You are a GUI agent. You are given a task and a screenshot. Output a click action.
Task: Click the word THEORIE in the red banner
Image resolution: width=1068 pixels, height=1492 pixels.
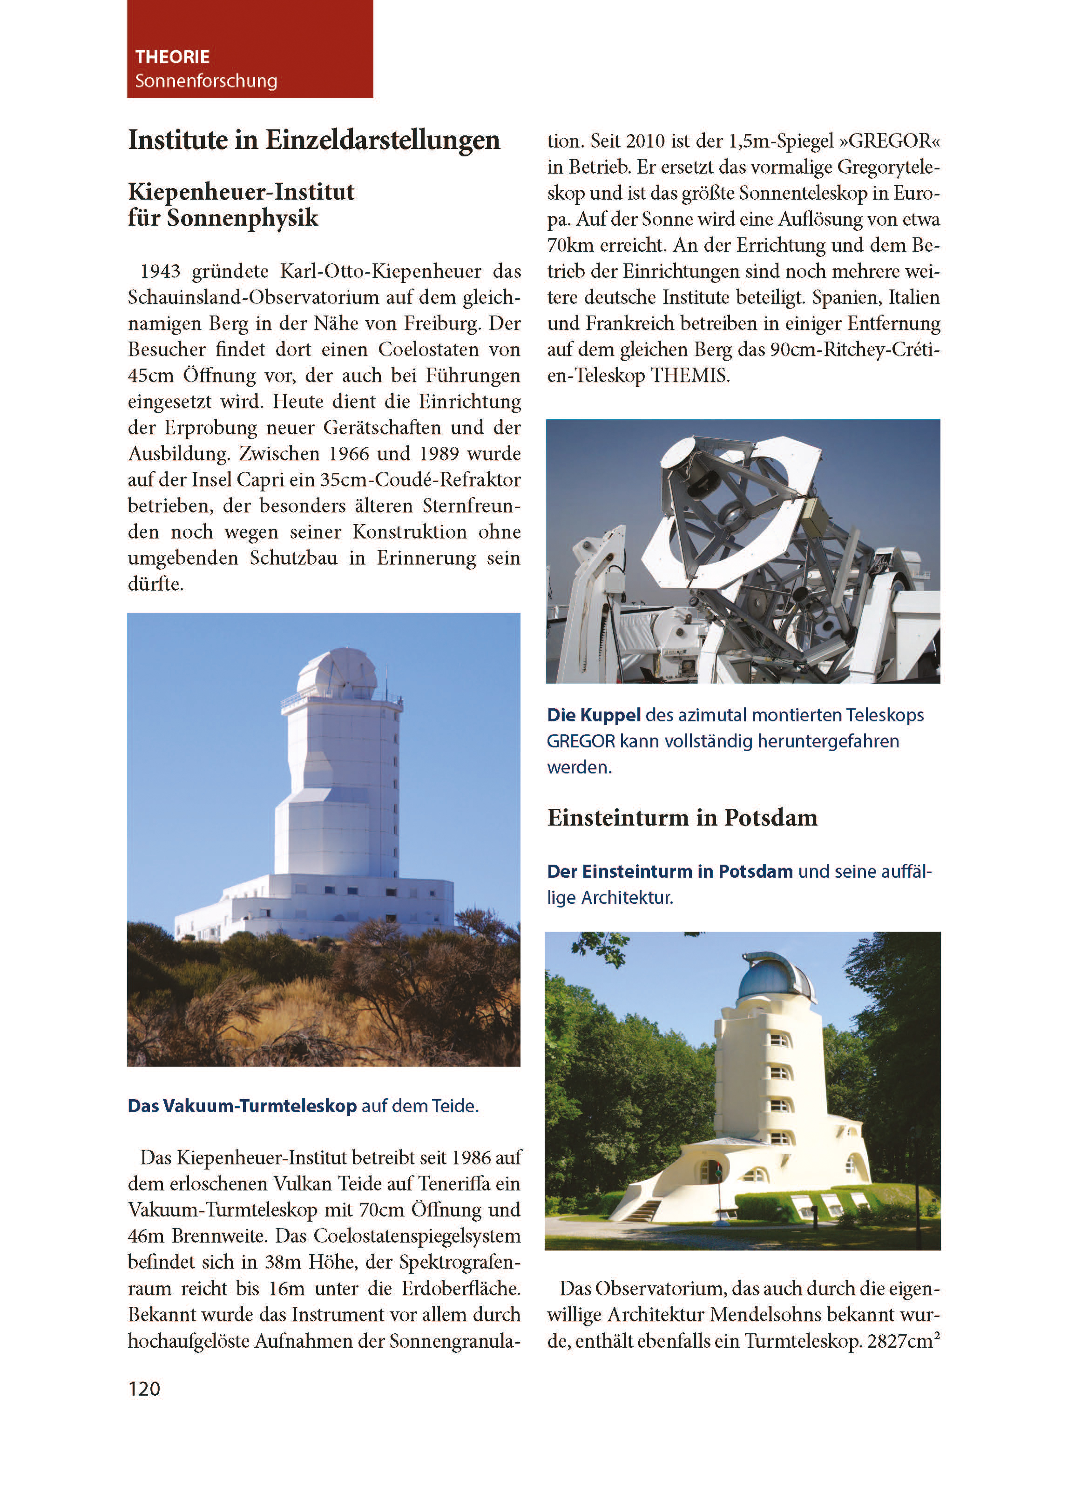pos(172,57)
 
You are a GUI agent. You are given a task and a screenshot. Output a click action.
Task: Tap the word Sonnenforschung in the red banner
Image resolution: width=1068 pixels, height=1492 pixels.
pos(206,81)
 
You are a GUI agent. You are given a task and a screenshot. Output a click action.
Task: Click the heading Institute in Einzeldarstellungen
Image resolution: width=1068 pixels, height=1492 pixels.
pos(314,140)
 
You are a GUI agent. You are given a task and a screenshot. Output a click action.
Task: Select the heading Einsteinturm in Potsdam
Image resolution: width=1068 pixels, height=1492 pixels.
pos(682,817)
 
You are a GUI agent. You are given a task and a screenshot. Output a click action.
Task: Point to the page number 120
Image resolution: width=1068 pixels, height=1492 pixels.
pos(144,1389)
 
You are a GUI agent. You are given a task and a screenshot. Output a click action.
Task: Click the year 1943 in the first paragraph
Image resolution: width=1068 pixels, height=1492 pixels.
pos(160,271)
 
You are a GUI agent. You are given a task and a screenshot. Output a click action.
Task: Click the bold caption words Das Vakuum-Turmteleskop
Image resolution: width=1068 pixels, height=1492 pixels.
pos(242,1106)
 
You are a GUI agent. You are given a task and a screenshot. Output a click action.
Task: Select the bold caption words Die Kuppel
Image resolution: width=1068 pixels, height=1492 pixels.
pos(593,715)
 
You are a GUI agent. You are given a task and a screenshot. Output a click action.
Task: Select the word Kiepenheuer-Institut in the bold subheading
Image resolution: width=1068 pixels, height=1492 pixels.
pos(241,192)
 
